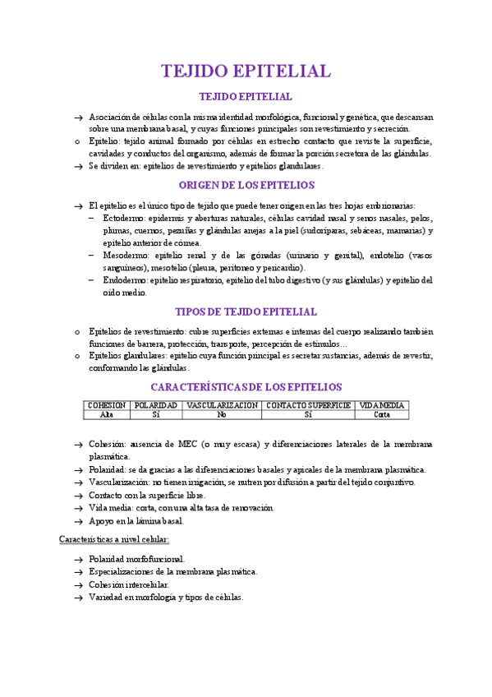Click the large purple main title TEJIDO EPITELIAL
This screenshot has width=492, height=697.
pos(246,71)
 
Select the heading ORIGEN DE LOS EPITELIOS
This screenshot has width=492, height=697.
pos(246,185)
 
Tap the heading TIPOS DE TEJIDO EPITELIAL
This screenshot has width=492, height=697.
pos(246,312)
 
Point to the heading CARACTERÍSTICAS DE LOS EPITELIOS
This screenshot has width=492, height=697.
pos(246,386)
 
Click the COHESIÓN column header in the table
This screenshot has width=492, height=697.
pos(107,405)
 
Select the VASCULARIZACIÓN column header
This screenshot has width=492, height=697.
pos(222,405)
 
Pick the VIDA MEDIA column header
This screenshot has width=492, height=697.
pos(382,405)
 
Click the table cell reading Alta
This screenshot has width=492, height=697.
pos(107,414)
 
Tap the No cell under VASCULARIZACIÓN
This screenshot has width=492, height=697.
pos(222,414)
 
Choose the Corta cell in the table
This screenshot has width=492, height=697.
pos(382,414)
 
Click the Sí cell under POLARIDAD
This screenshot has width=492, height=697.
pos(156,414)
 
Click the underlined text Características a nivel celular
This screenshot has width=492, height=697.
pos(114,539)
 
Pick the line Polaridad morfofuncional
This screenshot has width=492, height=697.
pos(137,559)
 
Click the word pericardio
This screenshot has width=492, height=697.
pos(283,268)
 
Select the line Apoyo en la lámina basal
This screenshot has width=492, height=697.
pos(136,520)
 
